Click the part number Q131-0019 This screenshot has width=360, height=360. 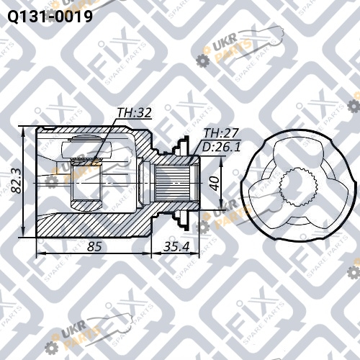[x=50, y=16]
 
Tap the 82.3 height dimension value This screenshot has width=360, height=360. [x=17, y=182]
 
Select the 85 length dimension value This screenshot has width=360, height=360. [x=94, y=246]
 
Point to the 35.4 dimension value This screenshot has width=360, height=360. [x=176, y=246]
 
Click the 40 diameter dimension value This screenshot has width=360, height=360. [x=215, y=183]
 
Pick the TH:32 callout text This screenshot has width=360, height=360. [x=134, y=112]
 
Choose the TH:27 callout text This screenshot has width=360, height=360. [x=221, y=133]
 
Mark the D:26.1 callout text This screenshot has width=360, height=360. [x=221, y=147]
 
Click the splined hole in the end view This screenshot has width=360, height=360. [x=299, y=187]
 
